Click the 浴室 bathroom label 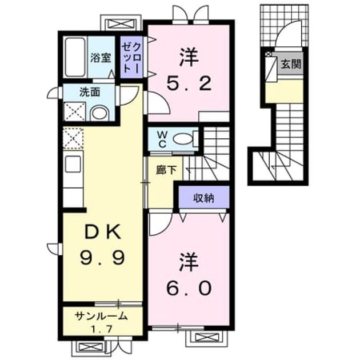pos(101,58)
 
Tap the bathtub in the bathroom pos(75,57)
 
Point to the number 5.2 pos(189,83)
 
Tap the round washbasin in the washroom pos(99,113)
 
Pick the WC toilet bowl pos(183,139)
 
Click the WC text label pos(162,139)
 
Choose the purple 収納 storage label pos(203,198)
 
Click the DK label pos(103,232)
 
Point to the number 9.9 pos(103,257)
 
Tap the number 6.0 pos(189,288)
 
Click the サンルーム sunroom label pos(101,316)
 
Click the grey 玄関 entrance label pos(291,64)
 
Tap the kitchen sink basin pos(73,164)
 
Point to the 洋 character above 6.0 pos(189,262)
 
